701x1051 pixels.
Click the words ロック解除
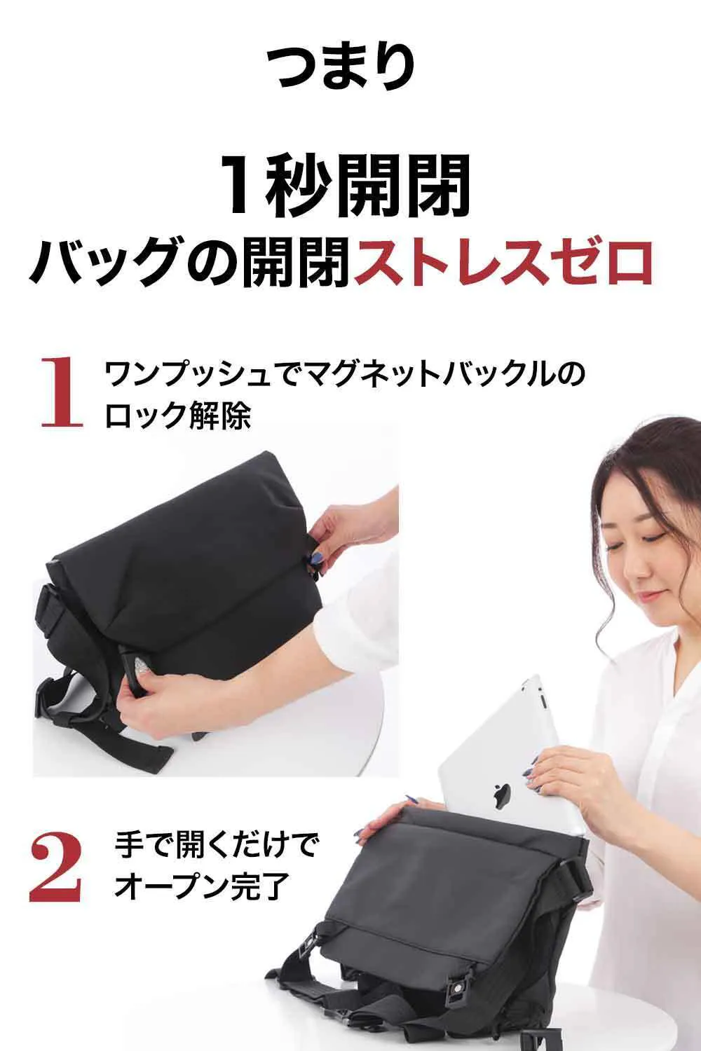[178, 415]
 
